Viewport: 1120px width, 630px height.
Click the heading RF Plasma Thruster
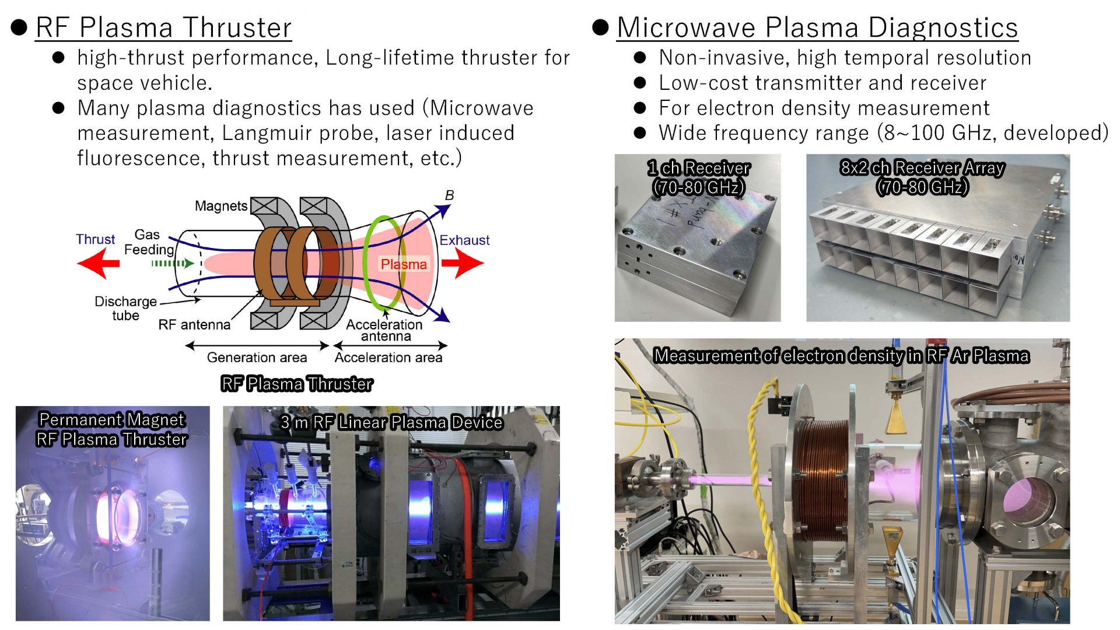[163, 27]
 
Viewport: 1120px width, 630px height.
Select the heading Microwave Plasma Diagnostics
[817, 27]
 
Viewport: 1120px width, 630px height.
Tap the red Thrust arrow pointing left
[98, 264]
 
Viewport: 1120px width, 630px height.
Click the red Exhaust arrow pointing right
[463, 264]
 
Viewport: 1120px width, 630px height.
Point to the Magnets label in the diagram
[221, 206]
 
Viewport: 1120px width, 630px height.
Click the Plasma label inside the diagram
[404, 264]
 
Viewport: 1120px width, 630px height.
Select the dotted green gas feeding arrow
[172, 264]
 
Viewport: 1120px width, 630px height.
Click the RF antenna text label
[194, 325]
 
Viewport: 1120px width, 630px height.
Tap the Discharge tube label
[125, 309]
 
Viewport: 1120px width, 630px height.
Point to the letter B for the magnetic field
[449, 195]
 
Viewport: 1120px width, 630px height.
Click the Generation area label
[257, 358]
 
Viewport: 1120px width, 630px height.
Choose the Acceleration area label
[388, 358]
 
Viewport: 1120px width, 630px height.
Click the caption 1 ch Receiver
[699, 168]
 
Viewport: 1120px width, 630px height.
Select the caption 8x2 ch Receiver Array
[922, 167]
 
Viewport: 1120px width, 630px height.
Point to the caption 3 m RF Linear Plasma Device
[391, 422]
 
